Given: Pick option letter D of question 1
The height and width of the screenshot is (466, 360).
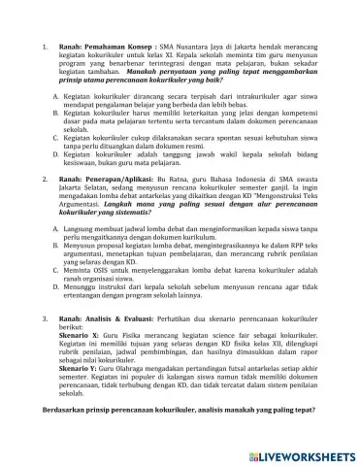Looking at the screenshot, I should click(x=56, y=152).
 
